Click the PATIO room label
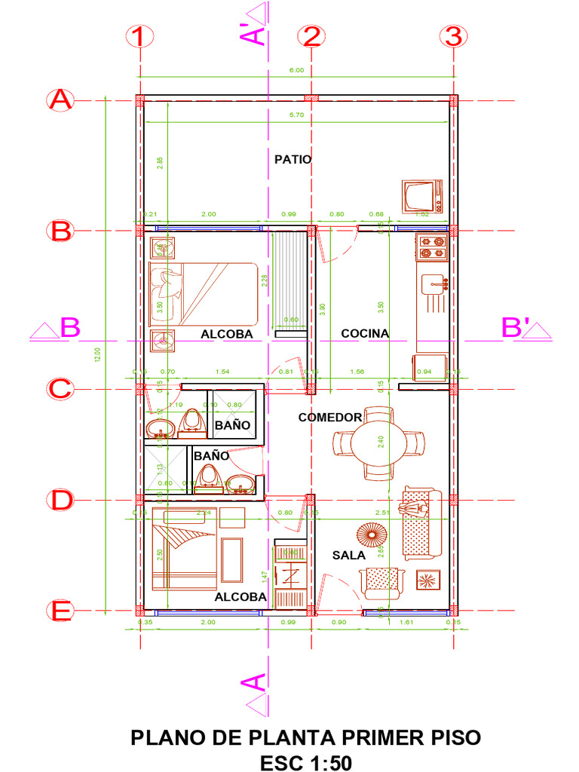(x=293, y=159)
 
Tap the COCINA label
(x=365, y=333)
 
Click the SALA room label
(x=348, y=555)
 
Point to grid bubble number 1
(x=140, y=36)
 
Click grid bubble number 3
(x=453, y=36)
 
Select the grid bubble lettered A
(x=60, y=100)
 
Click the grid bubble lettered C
(x=60, y=389)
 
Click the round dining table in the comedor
(x=378, y=444)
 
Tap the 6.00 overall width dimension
(x=297, y=70)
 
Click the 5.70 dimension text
(x=297, y=115)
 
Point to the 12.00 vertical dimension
(x=96, y=354)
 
